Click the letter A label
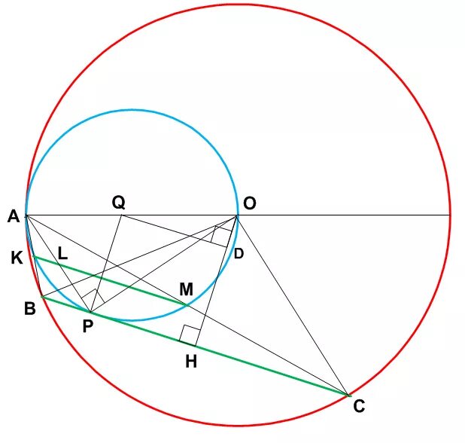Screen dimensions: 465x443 [13, 217]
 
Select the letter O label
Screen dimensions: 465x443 [250, 203]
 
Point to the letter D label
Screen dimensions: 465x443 [239, 253]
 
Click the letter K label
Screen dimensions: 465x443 [17, 258]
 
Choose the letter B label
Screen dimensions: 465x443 [30, 309]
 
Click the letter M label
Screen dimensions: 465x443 [186, 289]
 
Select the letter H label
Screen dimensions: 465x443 [191, 361]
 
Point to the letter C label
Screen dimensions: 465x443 [359, 407]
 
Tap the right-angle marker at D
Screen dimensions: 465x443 [220, 235]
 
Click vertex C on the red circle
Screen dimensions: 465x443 [348, 395]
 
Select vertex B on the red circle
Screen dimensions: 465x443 [42, 298]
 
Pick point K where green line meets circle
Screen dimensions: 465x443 [34, 257]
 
